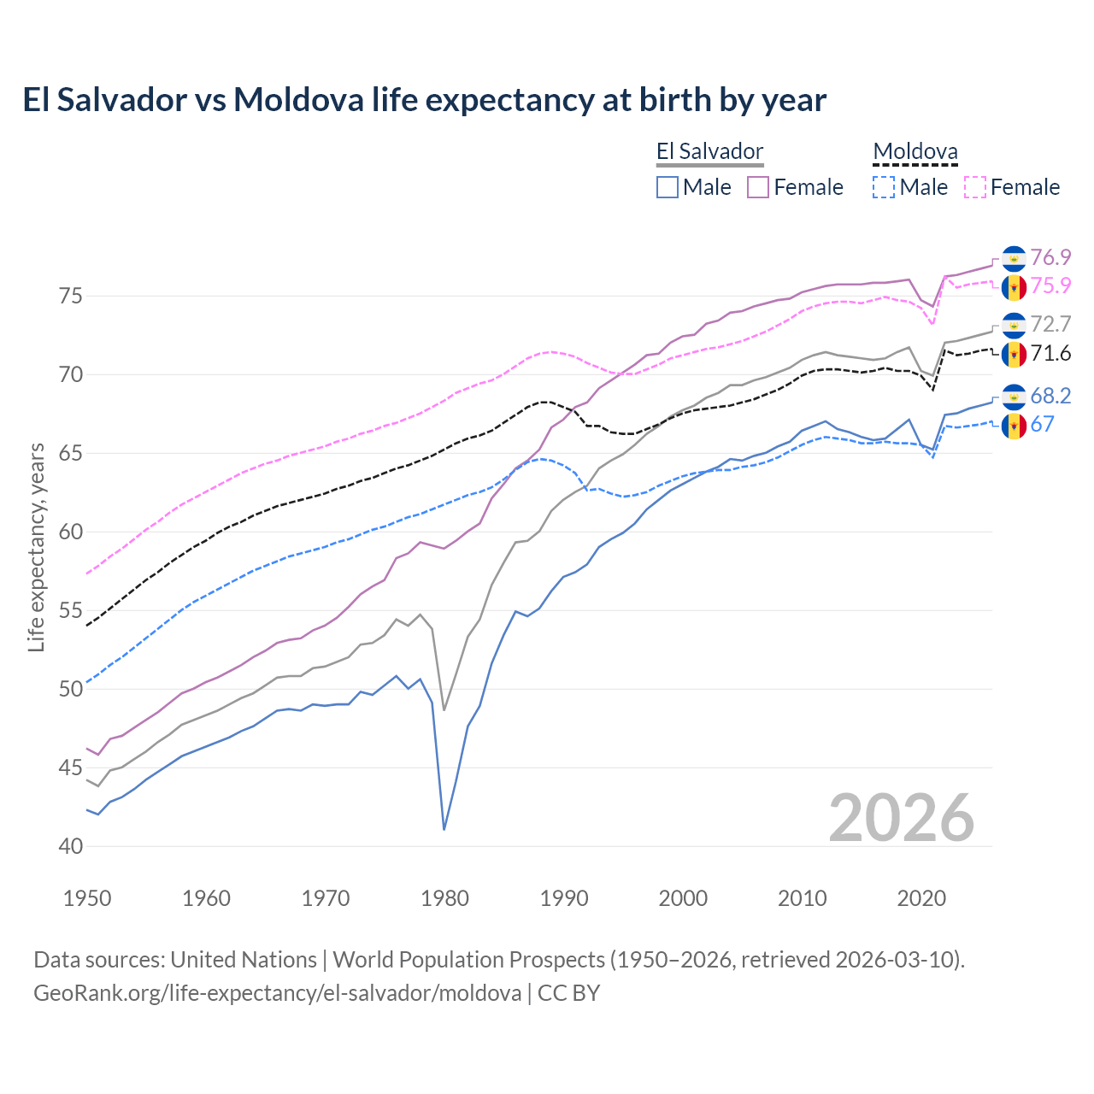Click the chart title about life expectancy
[x=424, y=100]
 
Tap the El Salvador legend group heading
[x=709, y=152]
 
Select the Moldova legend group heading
[x=915, y=152]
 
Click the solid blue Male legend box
[x=668, y=187]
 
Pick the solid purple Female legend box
[x=758, y=187]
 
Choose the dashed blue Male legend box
[x=884, y=187]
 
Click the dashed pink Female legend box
[x=974, y=187]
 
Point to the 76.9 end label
[x=1050, y=257]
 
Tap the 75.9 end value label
[x=1050, y=285]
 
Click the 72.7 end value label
[x=1050, y=324]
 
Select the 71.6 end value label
[x=1050, y=353]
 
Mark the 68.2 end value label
[x=1050, y=396]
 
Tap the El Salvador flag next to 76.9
[x=1014, y=258]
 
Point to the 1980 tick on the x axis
[x=444, y=898]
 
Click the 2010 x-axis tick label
[x=802, y=898]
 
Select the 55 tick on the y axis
[x=71, y=611]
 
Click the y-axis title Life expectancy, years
[x=36, y=547]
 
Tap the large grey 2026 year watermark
[x=901, y=818]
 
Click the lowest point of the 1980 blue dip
[x=444, y=829]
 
